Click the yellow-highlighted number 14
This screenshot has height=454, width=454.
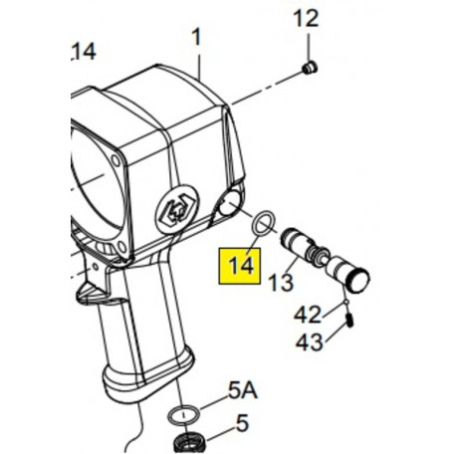(241, 266)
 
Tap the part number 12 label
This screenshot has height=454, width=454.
(306, 18)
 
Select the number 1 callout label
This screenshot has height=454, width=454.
(197, 37)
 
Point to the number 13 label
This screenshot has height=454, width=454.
(281, 283)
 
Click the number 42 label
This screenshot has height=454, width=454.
(308, 315)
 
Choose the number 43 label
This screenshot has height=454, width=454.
(309, 342)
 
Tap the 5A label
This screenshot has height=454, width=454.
(243, 390)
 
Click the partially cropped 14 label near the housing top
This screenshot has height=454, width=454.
(84, 52)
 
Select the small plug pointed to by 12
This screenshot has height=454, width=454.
(310, 68)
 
